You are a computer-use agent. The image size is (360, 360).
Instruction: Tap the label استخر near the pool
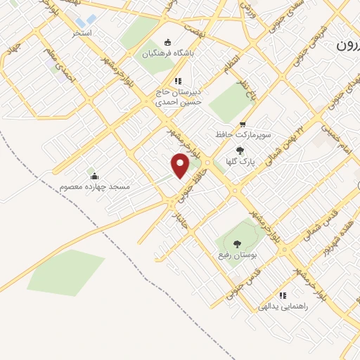tap(82, 33)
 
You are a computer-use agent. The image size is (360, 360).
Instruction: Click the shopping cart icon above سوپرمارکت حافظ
tap(243, 122)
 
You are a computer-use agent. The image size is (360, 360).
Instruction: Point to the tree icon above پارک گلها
tap(240, 150)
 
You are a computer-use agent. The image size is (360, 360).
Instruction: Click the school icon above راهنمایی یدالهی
tap(283, 295)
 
